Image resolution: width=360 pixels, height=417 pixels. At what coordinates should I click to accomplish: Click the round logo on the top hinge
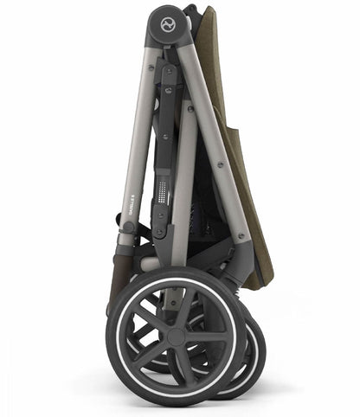coord(164,22)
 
